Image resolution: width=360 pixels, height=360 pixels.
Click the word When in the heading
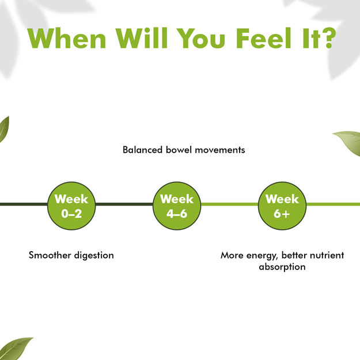tap(67, 38)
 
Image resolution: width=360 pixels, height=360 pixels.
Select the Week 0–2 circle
tap(71, 206)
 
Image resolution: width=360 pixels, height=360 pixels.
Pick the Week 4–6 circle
tap(177, 206)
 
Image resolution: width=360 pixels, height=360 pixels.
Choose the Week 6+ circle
tap(282, 206)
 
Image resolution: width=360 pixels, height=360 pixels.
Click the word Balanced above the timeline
tap(143, 150)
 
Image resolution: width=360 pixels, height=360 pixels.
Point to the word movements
tap(220, 150)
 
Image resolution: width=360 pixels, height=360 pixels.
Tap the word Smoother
tap(50, 255)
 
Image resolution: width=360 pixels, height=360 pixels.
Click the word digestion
tap(94, 256)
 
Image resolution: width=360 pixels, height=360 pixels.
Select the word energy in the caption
tap(262, 256)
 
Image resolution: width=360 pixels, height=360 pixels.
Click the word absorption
tap(282, 267)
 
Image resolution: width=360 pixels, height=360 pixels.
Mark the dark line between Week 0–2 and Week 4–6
tap(124, 204)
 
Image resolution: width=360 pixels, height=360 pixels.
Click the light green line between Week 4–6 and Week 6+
tap(230, 204)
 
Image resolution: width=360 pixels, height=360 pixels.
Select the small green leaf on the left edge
tap(4, 129)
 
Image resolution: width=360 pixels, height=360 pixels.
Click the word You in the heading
tap(201, 38)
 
